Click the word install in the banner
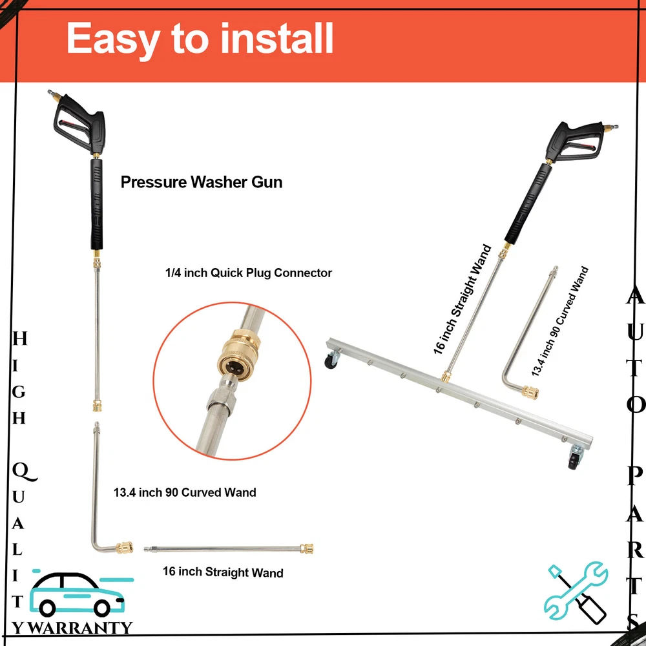tap(276, 38)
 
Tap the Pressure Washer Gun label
tap(202, 182)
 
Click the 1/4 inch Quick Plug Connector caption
tap(249, 273)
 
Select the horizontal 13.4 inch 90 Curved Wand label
tap(185, 492)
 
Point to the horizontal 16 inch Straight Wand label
tap(223, 572)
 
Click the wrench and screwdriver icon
tap(576, 592)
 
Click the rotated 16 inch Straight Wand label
tap(463, 300)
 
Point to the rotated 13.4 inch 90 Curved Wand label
tap(560, 321)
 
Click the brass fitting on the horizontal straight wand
tap(306, 548)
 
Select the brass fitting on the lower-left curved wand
tap(124, 548)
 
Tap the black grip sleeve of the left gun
tap(96, 204)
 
